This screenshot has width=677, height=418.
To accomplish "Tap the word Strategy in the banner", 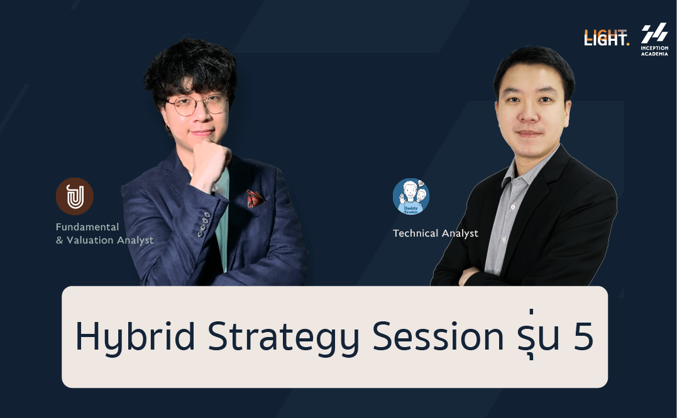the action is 283,338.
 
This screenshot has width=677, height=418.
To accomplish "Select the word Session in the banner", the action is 438,336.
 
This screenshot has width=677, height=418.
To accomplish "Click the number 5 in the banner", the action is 583,336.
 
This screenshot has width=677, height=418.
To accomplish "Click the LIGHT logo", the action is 606,38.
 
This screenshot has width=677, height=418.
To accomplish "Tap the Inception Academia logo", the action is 654,40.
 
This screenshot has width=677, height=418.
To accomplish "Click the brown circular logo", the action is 75,196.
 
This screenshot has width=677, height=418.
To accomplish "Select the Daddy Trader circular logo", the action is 411,196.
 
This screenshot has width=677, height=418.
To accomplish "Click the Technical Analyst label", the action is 435,233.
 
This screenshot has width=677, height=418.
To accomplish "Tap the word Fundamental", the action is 87,227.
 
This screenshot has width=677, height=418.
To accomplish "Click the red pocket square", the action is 256,198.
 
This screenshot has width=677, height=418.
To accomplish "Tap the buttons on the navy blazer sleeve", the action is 204,224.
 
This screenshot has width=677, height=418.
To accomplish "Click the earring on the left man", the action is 167,127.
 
